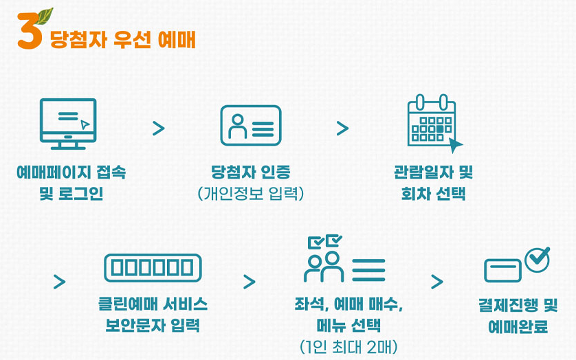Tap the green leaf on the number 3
coord(45,15)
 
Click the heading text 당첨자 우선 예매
coord(122,39)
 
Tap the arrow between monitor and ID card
coord(159,128)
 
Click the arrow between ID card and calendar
coord(342,128)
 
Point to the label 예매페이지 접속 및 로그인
coord(71,182)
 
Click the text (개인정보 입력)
coord(250,193)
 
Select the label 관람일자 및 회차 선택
coord(433,182)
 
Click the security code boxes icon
coord(153,267)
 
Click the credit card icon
coord(502,270)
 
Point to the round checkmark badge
coord(537,258)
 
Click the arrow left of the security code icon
coord(60,282)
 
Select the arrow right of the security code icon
coord(249,282)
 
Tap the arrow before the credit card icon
coord(437,282)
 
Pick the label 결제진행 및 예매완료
coord(518,315)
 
